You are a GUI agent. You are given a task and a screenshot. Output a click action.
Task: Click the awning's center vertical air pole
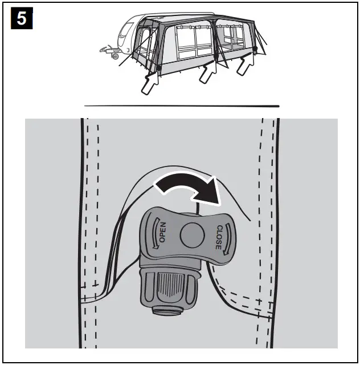[x=214, y=43]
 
